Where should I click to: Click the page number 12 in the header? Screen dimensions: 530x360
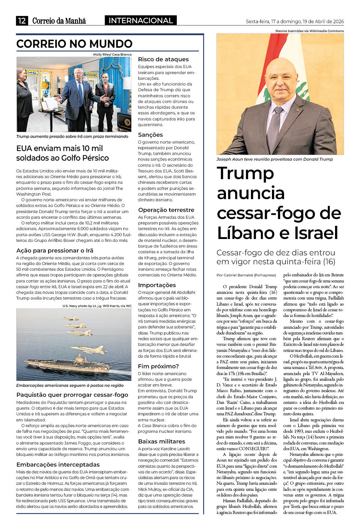22,21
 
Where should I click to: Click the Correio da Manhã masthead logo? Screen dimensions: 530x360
59,21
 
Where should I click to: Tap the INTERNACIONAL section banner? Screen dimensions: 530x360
140,21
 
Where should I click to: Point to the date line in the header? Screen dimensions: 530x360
295,21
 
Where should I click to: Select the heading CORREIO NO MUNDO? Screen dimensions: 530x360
74,44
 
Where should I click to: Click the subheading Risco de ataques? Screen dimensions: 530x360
163,59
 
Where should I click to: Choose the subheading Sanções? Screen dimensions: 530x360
150,135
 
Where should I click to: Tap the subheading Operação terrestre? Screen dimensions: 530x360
166,210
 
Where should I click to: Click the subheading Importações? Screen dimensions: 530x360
157,285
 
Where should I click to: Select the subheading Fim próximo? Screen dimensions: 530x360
158,367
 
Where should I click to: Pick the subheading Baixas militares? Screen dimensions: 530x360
161,442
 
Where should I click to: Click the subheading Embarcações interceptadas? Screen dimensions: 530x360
58,465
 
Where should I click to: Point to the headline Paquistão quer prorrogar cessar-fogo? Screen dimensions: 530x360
72,395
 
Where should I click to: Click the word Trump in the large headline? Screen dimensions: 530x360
245,174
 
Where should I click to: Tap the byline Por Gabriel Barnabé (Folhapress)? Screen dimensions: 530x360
246,275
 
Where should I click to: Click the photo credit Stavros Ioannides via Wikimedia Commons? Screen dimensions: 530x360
309,31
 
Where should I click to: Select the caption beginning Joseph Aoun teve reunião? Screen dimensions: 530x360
274,159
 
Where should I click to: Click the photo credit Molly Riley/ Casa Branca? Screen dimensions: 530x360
112,54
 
